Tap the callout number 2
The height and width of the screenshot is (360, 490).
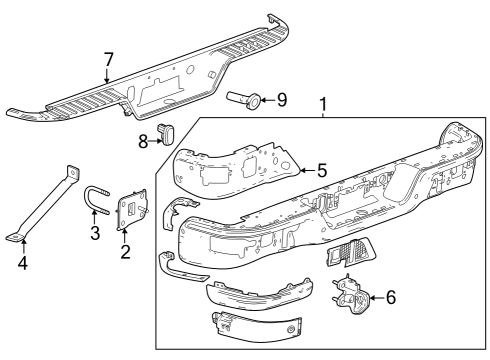point(125,251)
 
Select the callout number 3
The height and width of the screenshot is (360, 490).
point(94,234)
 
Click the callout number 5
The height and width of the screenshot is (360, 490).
point(322,170)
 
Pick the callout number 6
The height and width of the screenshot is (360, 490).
point(391,296)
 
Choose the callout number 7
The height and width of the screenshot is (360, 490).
point(108,61)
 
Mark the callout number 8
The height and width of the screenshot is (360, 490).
point(143,141)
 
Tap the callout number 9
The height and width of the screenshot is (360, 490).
point(281,99)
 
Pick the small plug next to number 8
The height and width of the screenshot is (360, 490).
point(168,132)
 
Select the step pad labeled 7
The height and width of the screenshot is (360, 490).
point(150,95)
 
